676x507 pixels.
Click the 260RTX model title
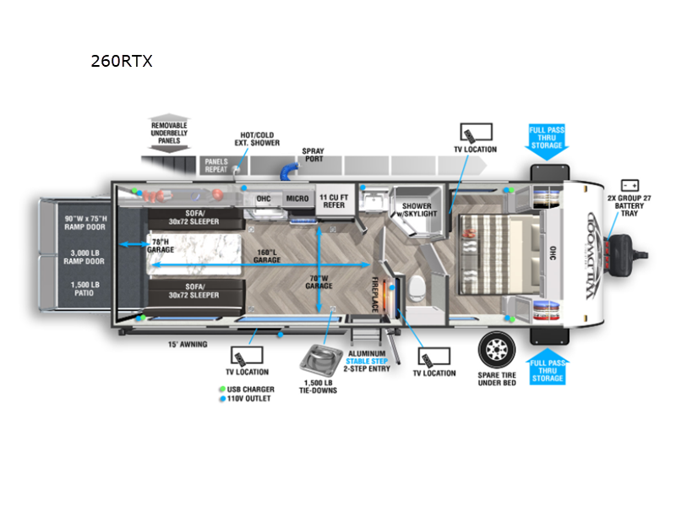coord(122,61)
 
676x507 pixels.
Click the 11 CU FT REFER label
coord(332,200)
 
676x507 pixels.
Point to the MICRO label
coord(297,199)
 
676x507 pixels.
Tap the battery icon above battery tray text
coord(630,184)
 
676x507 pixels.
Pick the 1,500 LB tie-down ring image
coord(319,360)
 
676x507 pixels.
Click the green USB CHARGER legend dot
coord(220,390)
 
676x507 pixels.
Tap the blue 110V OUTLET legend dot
coord(220,398)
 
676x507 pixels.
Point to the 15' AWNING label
coord(187,344)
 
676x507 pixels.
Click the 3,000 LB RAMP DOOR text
coord(83,259)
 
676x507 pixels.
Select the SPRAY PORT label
coord(313,155)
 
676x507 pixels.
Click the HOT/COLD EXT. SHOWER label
coord(259,139)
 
